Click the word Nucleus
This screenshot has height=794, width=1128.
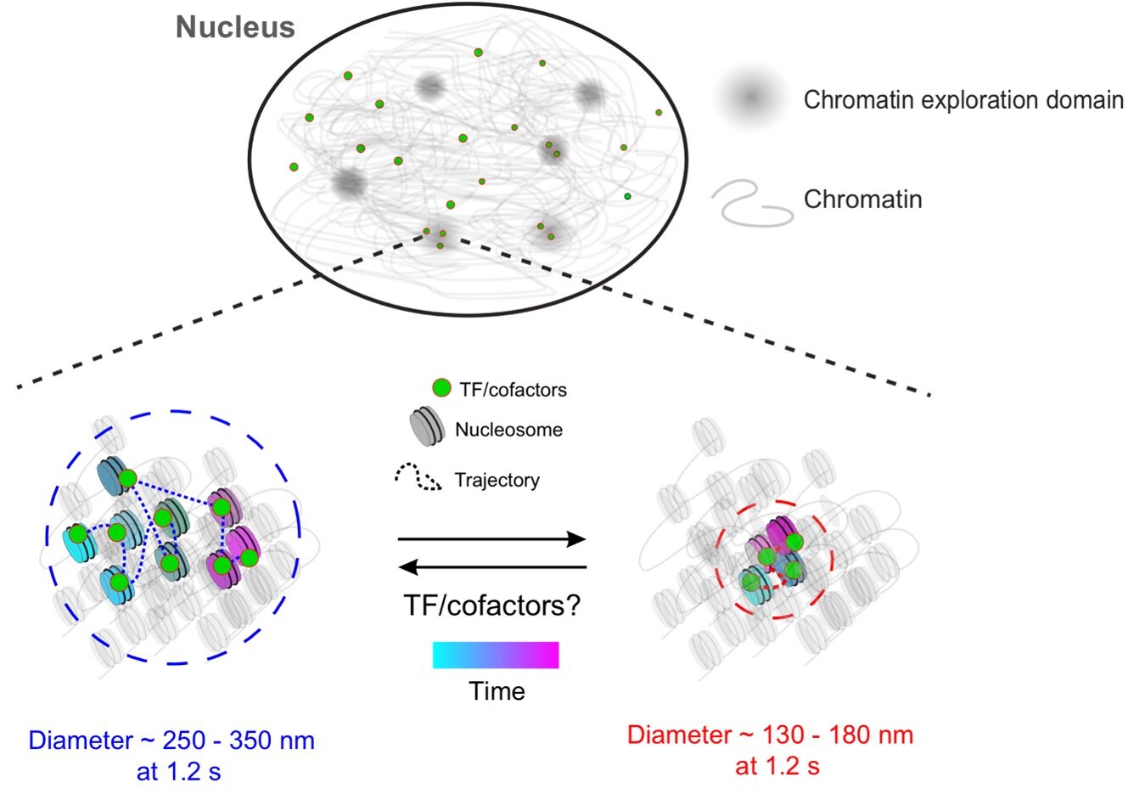point(235,27)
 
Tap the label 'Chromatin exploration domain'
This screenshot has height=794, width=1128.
point(963,100)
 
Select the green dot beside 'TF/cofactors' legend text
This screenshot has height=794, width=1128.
point(441,389)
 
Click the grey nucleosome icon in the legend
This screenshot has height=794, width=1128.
point(427,428)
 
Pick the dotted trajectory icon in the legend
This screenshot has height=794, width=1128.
point(418,479)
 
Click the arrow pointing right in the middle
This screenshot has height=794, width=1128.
point(492,539)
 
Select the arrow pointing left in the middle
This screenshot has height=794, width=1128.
point(492,566)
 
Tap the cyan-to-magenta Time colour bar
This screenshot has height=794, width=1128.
point(496,656)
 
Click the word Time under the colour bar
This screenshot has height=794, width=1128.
point(497,691)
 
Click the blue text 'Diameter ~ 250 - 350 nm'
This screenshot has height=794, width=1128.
point(171,741)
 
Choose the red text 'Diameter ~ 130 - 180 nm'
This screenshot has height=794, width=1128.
point(770,735)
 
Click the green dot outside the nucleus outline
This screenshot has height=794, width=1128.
point(659,112)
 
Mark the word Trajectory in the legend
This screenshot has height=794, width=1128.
point(497,481)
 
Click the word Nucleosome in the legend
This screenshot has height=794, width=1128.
point(508,430)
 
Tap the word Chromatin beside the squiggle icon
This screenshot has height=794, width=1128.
point(862,200)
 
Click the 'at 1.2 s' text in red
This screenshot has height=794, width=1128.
point(777,766)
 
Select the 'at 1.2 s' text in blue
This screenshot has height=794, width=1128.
point(178,772)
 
